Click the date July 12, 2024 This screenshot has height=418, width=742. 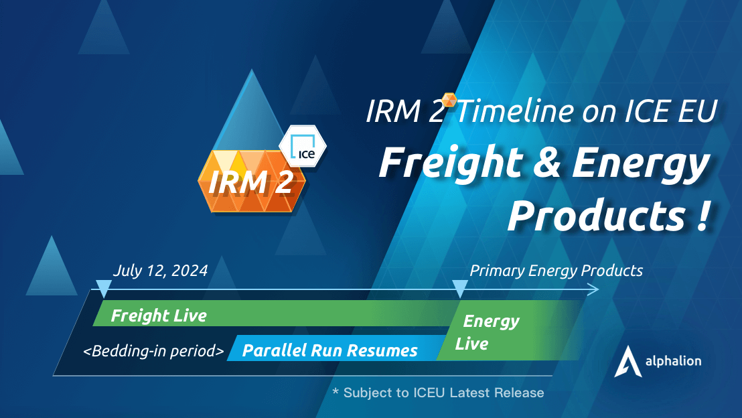click(x=160, y=271)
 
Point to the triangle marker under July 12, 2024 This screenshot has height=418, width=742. click(x=103, y=289)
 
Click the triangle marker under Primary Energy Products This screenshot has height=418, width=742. click(x=459, y=289)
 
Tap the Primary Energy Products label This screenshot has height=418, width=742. click(x=556, y=271)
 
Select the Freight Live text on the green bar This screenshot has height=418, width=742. click(x=159, y=316)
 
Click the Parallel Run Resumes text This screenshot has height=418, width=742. click(x=329, y=350)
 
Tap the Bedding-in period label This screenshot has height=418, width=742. click(x=153, y=350)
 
